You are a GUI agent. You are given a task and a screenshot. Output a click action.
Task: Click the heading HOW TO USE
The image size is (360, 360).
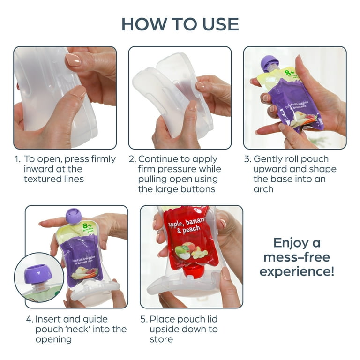(x=180, y=24)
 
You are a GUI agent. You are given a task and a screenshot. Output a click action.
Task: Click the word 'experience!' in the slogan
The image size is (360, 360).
(x=297, y=272)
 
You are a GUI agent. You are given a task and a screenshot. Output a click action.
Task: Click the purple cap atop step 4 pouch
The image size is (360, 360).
(x=74, y=216)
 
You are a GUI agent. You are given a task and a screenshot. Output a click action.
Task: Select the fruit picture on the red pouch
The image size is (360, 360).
(x=190, y=252)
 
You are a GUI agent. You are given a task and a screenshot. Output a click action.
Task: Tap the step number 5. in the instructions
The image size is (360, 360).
(x=144, y=319)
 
